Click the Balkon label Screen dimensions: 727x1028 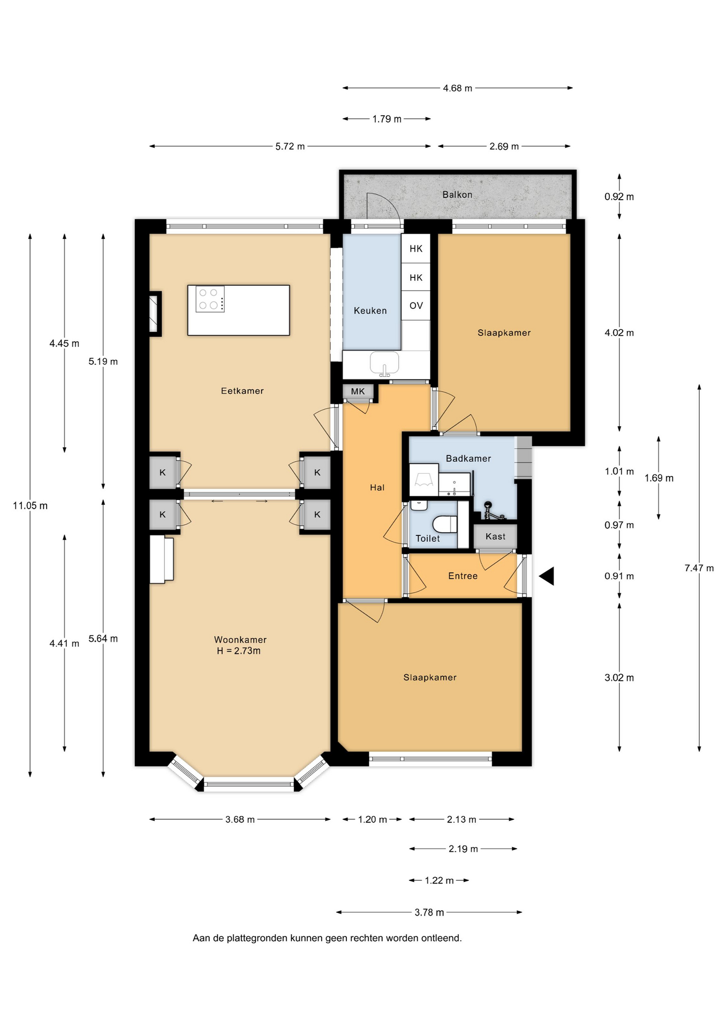(457, 195)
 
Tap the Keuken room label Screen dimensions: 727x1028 (370, 311)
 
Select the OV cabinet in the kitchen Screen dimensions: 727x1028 (416, 306)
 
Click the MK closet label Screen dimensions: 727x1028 (358, 391)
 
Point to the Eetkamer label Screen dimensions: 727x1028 (243, 391)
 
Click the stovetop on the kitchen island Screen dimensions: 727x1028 (210, 299)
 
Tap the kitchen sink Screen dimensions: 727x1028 (384, 363)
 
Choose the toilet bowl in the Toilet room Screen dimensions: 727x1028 (445, 524)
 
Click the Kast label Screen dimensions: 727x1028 (495, 536)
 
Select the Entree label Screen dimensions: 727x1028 (463, 576)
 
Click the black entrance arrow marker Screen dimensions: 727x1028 (546, 576)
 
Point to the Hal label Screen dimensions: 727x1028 (377, 487)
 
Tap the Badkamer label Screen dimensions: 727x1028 (468, 458)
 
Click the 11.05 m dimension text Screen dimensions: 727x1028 (31, 505)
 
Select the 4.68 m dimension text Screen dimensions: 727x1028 (458, 88)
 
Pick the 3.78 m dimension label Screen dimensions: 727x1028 (429, 912)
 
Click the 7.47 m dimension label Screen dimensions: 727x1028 (699, 568)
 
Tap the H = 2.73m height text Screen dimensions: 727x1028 (239, 651)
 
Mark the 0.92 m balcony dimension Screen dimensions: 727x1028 (619, 197)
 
